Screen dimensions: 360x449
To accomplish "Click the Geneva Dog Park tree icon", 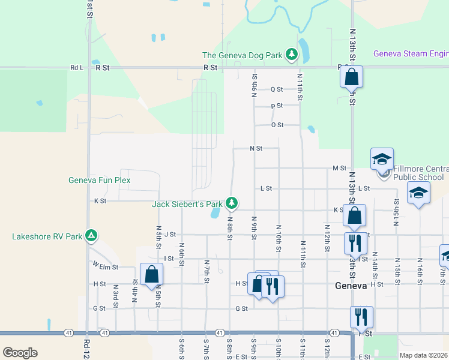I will point(292,55).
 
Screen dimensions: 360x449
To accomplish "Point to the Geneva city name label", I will point(351,286).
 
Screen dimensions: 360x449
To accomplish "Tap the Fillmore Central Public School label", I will point(418,173).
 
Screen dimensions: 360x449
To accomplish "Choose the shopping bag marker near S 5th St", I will point(152,275).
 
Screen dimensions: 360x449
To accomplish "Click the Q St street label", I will point(277,89).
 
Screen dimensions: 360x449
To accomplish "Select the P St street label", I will point(277,106).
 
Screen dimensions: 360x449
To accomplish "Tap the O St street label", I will point(277,125).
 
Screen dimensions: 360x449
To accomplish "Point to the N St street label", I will point(256,148).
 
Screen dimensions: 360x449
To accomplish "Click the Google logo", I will point(20,353).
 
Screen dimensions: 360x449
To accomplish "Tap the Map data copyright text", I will point(424,355).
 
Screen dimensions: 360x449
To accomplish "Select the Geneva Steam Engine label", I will point(411,54).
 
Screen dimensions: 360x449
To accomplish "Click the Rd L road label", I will point(77,68).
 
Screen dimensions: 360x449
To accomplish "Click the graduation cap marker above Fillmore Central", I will point(382,160).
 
